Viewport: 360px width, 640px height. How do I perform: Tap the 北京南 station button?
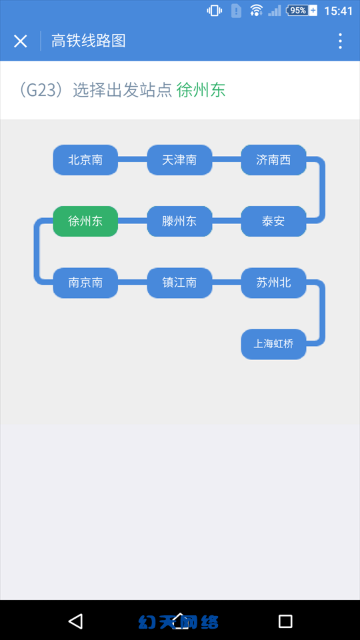pyautogui.click(x=85, y=159)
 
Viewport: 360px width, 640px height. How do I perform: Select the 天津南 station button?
pyautogui.click(x=179, y=159)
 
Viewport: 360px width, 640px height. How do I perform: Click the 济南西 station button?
pyautogui.click(x=273, y=159)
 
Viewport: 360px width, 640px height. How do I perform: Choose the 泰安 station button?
pyautogui.click(x=273, y=221)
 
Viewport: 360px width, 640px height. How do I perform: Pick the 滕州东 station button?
pyautogui.click(x=179, y=221)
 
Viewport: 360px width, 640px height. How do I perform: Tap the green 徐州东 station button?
pyautogui.click(x=85, y=221)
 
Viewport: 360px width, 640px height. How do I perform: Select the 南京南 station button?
pyautogui.click(x=85, y=283)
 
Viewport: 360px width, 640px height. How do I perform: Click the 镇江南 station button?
pyautogui.click(x=179, y=283)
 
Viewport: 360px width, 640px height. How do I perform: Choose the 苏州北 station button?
pyautogui.click(x=273, y=283)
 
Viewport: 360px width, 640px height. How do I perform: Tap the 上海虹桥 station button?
pyautogui.click(x=273, y=344)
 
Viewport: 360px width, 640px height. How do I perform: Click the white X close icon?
pyautogui.click(x=21, y=41)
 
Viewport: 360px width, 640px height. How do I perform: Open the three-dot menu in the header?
pyautogui.click(x=340, y=41)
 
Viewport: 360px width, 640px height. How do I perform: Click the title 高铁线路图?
pyautogui.click(x=88, y=41)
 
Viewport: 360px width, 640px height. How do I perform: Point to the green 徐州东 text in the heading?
pyautogui.click(x=201, y=90)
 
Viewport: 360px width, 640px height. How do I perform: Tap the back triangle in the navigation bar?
pyautogui.click(x=75, y=621)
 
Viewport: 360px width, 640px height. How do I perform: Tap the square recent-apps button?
pyautogui.click(x=285, y=621)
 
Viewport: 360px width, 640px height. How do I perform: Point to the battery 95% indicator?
pyautogui.click(x=301, y=11)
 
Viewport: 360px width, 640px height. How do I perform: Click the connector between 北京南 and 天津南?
pyautogui.click(x=133, y=159)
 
